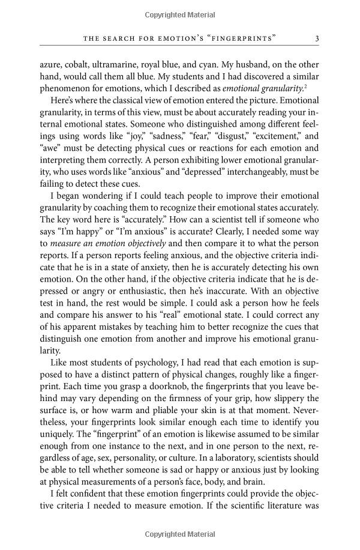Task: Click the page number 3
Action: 317,39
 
